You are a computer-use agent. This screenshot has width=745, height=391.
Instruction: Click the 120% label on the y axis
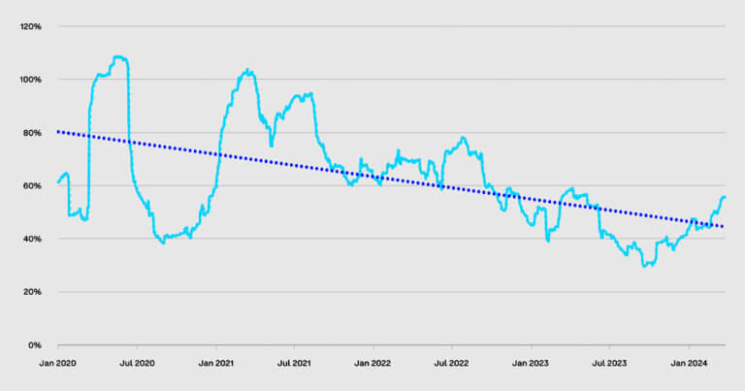click(30, 26)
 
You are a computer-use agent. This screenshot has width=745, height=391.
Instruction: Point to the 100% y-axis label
click(30, 80)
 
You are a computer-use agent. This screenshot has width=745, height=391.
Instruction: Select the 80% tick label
click(32, 133)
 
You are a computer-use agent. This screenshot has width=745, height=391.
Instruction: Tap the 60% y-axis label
click(32, 185)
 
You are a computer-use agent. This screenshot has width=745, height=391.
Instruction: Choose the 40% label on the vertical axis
click(32, 239)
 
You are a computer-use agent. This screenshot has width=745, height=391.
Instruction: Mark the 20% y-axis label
click(32, 292)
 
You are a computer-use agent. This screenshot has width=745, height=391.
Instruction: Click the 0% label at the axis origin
click(35, 345)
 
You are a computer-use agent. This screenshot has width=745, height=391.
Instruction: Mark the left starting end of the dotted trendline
click(59, 131)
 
